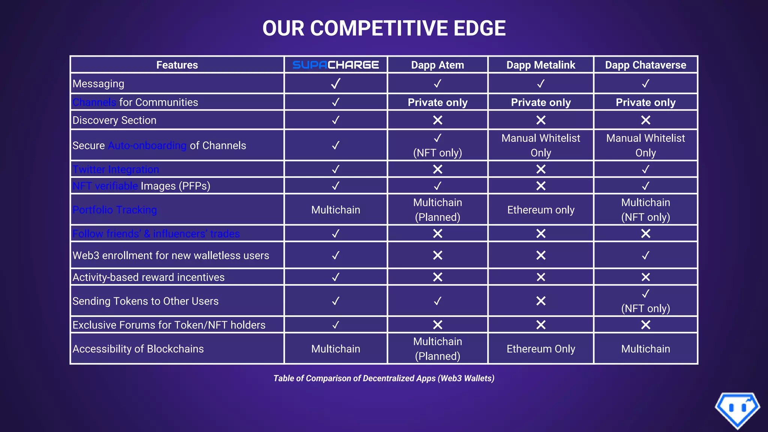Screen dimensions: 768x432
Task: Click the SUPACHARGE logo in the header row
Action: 336,65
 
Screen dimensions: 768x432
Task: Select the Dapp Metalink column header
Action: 540,65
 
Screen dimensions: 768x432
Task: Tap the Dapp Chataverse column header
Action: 645,65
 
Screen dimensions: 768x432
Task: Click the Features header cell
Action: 177,65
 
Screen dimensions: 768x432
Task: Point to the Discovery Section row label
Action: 114,120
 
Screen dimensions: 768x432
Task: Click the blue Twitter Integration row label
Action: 115,169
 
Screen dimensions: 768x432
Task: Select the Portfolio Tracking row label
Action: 114,210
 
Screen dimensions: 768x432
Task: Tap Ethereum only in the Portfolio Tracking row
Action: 540,210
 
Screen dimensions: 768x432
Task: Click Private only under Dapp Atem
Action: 437,102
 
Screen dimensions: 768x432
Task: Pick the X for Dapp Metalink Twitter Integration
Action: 540,169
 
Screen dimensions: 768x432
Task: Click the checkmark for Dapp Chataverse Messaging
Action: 645,84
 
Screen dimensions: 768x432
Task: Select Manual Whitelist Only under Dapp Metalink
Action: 540,145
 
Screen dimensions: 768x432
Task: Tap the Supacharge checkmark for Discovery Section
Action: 336,120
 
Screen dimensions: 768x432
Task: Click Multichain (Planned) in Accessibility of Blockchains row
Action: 437,349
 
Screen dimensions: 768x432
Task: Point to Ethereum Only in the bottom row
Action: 540,349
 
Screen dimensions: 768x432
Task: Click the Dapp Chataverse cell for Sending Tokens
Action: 645,301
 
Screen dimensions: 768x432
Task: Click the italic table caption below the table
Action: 384,378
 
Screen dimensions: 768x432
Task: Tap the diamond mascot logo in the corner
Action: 737,410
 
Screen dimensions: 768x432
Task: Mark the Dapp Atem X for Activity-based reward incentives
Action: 437,277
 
